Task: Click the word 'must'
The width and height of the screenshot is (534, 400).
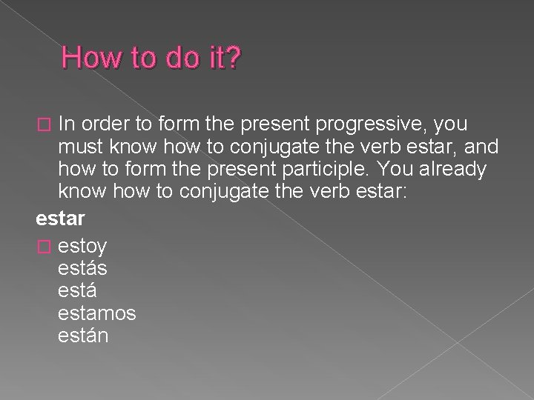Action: point(82,145)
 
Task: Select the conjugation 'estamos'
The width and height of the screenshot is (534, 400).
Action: point(96,313)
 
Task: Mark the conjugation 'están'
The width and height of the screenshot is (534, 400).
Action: point(83,336)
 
